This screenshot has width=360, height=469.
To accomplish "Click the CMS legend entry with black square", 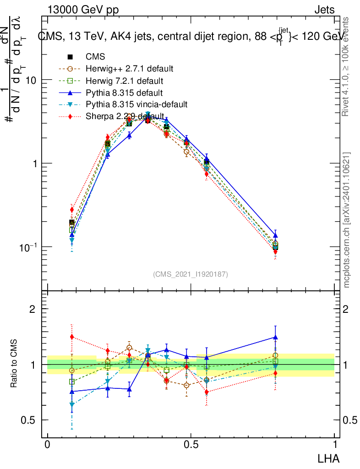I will pos(95,57).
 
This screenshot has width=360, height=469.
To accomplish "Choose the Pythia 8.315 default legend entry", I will pos(124,93).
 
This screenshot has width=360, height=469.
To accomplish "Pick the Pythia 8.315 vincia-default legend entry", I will pos(136,104).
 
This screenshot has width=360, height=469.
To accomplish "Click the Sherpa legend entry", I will pos(125,116).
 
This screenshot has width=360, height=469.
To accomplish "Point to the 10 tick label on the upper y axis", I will pos(31,80).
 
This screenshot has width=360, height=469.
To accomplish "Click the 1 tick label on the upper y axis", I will pos(34,164).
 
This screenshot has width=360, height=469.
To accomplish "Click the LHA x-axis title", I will pos(329,458).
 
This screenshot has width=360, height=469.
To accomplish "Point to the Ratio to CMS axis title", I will pos(15,362).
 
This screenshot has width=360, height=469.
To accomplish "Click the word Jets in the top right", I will pos(324,10).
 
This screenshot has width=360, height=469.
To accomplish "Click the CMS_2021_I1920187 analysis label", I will pos(191,274).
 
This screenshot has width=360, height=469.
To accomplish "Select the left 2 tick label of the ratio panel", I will pos(33,309).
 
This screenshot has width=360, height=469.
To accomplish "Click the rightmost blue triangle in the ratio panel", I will pos(275,338).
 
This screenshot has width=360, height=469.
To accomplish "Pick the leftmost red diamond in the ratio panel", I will pos(72,337).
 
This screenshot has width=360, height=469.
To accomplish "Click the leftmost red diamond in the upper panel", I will pos(72,210).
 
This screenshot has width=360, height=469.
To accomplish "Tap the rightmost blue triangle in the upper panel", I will pos(275,235).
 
